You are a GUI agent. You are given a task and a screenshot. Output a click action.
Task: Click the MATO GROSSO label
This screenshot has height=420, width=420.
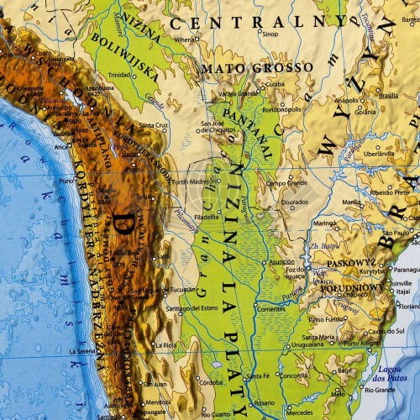tap(256, 66)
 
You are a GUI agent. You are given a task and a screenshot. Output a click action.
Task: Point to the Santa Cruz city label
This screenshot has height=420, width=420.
tap(155, 125)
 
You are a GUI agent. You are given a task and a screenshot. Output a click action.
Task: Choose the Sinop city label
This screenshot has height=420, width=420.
tap(269, 34)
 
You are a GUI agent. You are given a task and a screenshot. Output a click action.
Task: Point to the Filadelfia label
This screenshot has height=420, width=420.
tap(206, 215)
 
